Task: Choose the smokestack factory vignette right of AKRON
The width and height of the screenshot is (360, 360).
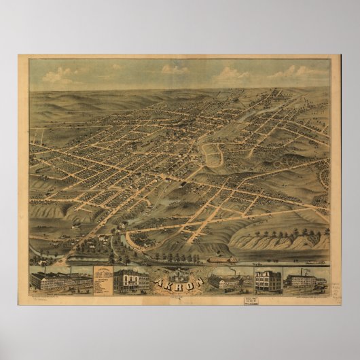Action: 229,279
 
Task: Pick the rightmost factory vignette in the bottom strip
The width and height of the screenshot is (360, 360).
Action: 306,279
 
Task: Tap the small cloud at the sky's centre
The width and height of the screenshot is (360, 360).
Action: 175,69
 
